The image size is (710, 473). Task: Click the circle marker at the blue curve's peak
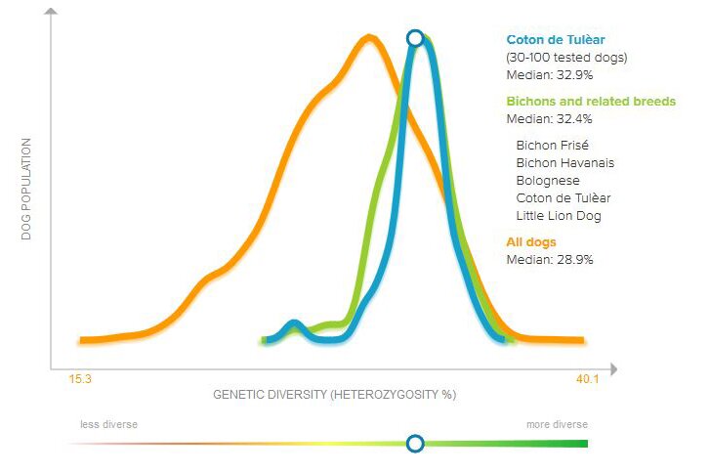pyautogui.click(x=415, y=38)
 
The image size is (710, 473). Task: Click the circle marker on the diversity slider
pyautogui.click(x=415, y=444)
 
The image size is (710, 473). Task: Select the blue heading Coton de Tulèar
pyautogui.click(x=556, y=40)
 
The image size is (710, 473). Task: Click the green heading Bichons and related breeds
pyautogui.click(x=591, y=102)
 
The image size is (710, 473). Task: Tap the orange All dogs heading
pyautogui.click(x=532, y=241)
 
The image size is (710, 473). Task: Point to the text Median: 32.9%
pyautogui.click(x=550, y=74)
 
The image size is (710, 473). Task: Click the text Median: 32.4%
pyautogui.click(x=550, y=119)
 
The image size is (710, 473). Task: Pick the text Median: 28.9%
pyautogui.click(x=550, y=259)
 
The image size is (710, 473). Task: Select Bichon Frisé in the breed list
pyautogui.click(x=552, y=145)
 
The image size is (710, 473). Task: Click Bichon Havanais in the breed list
pyautogui.click(x=564, y=162)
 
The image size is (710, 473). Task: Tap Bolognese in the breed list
pyautogui.click(x=547, y=180)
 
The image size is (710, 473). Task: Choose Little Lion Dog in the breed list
pyautogui.click(x=559, y=215)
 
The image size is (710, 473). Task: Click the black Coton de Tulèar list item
pyautogui.click(x=563, y=197)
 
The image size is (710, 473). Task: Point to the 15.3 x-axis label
pyautogui.click(x=80, y=380)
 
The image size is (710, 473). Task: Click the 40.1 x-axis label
pyautogui.click(x=587, y=380)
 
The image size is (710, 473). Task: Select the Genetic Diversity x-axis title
pyautogui.click(x=335, y=395)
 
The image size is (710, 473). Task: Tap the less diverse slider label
pyautogui.click(x=108, y=424)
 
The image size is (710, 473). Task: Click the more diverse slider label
pyautogui.click(x=557, y=424)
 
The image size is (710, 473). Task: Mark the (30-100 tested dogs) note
pyautogui.click(x=566, y=58)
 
